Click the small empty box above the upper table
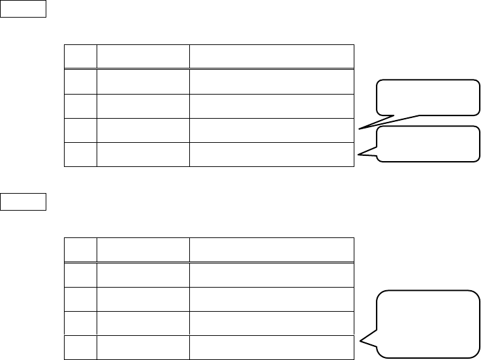[x=24, y=9]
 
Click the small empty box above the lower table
[x=24, y=202]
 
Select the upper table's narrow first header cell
[x=80, y=57]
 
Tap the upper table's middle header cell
[x=143, y=57]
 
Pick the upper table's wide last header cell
[x=272, y=57]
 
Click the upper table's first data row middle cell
[x=143, y=81]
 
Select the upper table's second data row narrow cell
[x=80, y=106]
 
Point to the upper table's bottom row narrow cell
[x=80, y=154]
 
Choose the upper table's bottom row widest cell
[x=272, y=154]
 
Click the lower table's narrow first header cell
[x=80, y=250]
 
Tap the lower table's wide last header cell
[x=272, y=250]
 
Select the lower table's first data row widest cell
[x=272, y=274]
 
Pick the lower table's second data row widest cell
[x=272, y=299]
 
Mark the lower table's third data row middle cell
[x=143, y=323]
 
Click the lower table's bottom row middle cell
[x=143, y=347]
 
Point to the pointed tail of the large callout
[x=369, y=338]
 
